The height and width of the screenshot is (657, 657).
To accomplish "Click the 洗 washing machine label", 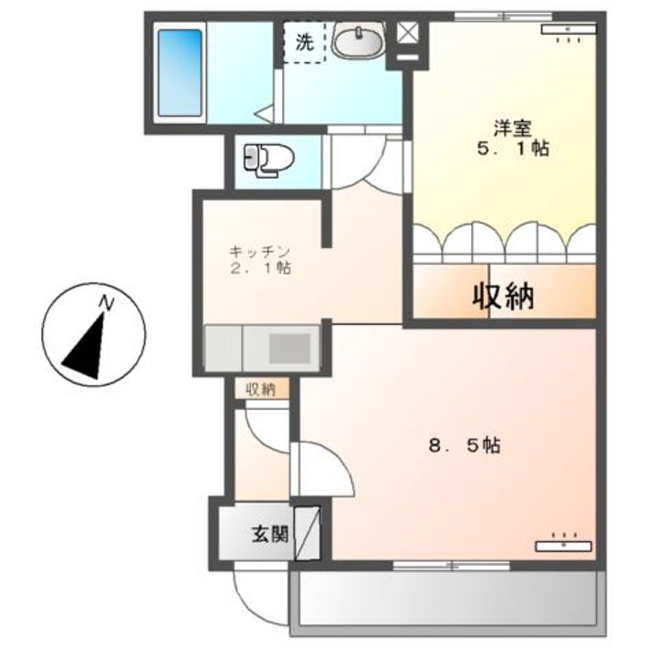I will pyautogui.click(x=304, y=41).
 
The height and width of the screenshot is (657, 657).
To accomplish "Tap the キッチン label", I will pyautogui.click(x=259, y=251).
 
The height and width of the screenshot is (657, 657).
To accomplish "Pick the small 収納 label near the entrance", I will pyautogui.click(x=260, y=390).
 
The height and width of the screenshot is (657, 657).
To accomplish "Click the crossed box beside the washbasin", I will pyautogui.click(x=406, y=32).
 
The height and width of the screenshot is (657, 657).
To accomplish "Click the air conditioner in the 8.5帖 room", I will pyautogui.click(x=562, y=545).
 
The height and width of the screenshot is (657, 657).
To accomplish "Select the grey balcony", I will pyautogui.click(x=448, y=602).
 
